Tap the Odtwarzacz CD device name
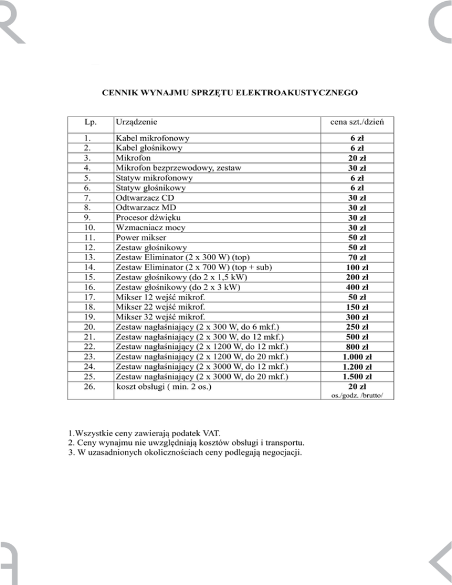pos(146,197)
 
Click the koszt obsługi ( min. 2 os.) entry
pos(164,387)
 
